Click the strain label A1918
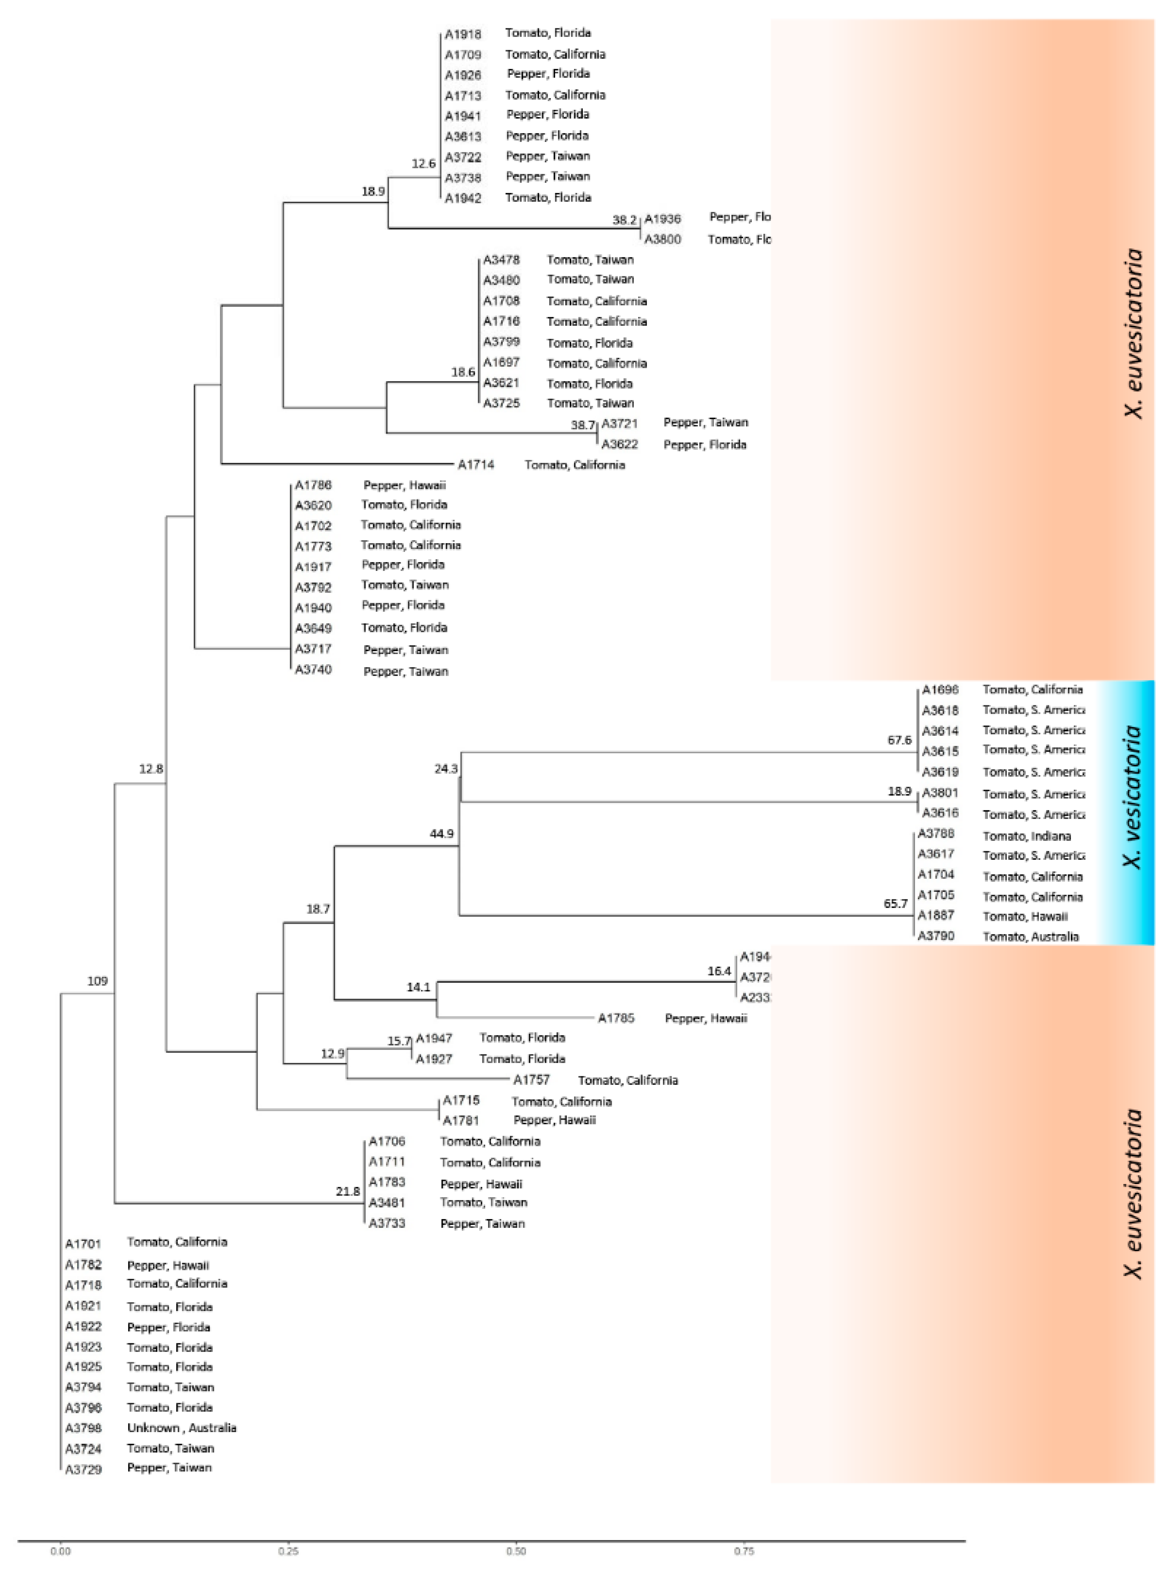(x=463, y=33)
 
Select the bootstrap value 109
(x=97, y=981)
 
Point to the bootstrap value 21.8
(x=348, y=1192)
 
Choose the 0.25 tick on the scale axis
(x=288, y=1552)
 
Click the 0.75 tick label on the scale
(x=744, y=1552)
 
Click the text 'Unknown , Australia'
(x=181, y=1428)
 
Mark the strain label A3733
(x=386, y=1224)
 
